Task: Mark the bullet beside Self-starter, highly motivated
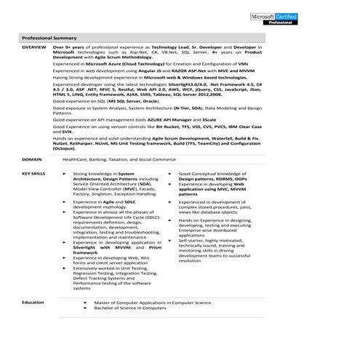click(x=172, y=240)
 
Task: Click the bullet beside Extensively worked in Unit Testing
click(x=65, y=268)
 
